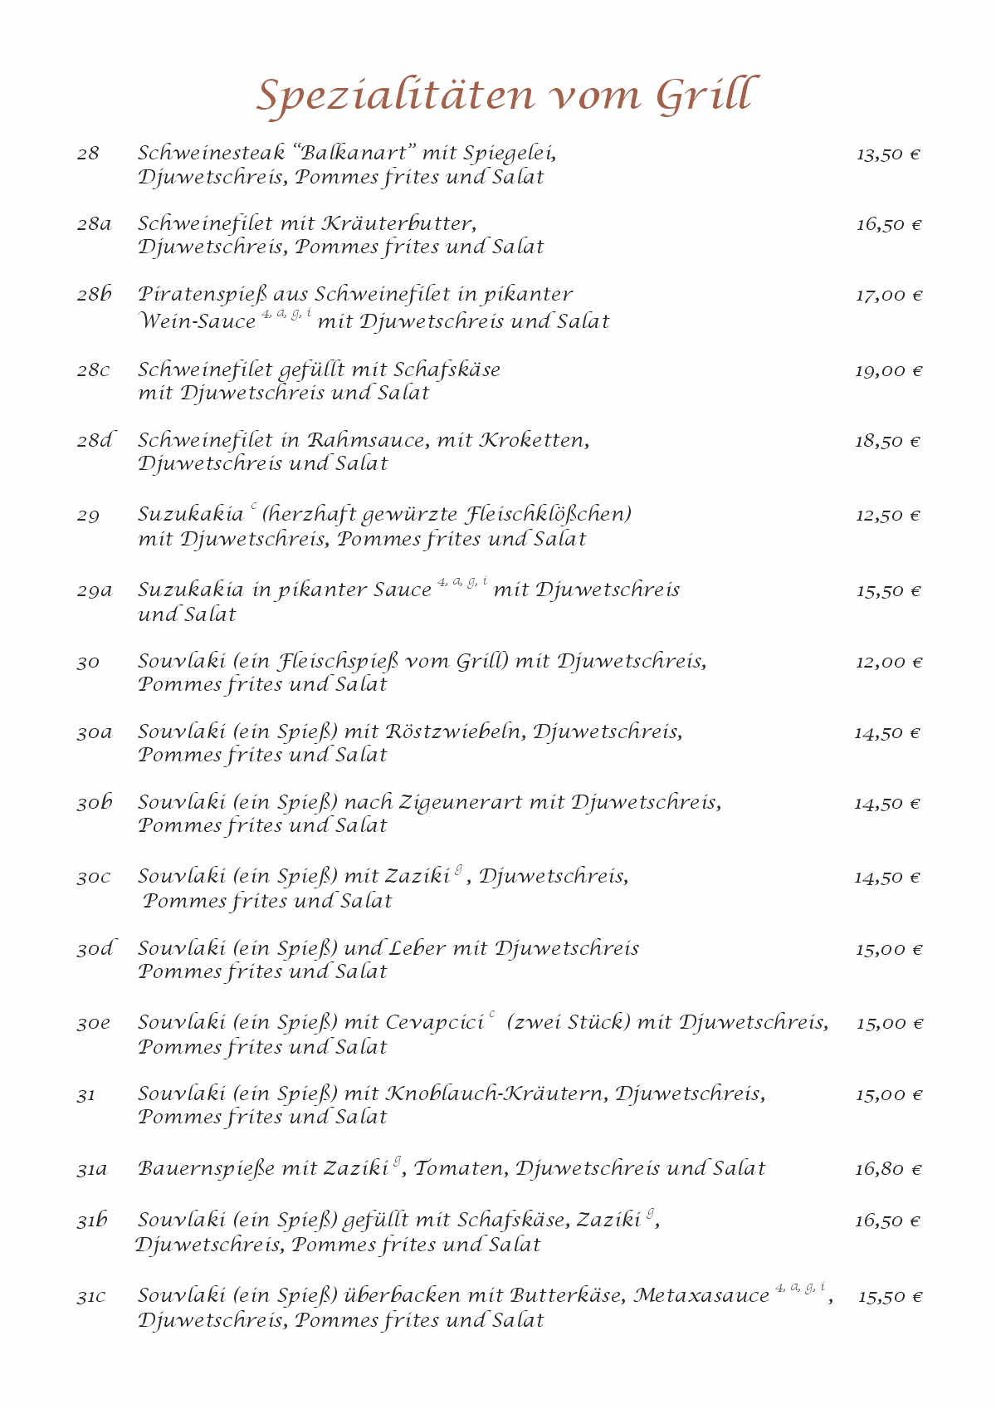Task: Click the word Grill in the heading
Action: pos(705,95)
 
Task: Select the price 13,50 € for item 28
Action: pos(888,154)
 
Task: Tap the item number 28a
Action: pos(94,224)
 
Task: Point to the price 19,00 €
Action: pos(888,371)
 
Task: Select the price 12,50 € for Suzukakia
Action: pos(888,516)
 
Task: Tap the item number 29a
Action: pos(95,591)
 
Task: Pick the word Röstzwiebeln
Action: pos(454,733)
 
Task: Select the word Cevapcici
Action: pos(435,1023)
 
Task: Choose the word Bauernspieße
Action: pos(207,1169)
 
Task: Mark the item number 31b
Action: pos(93,1221)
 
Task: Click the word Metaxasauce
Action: pos(701,1296)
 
